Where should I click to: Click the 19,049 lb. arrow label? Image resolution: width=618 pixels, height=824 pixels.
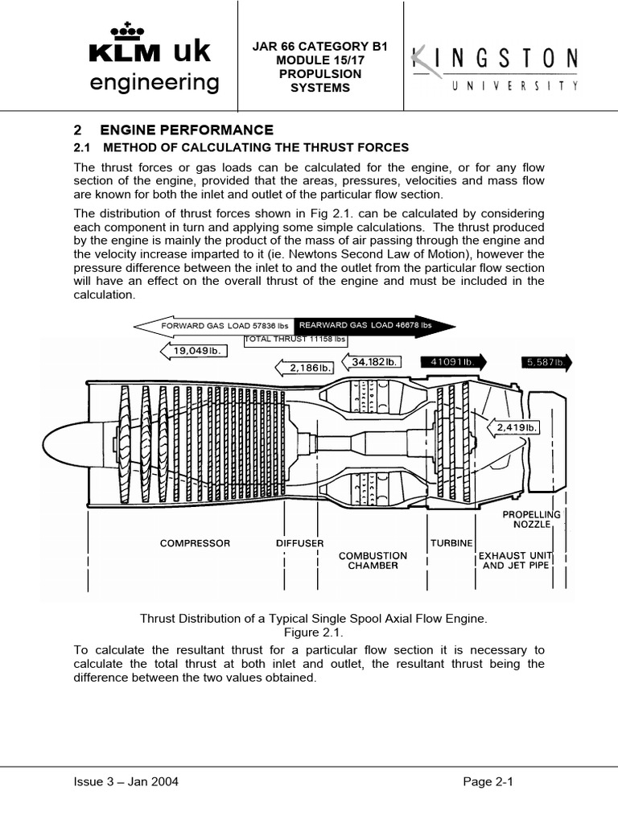(195, 350)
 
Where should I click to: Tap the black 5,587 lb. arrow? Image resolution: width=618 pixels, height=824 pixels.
(546, 362)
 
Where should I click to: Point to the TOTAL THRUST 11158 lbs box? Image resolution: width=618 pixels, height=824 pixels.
(295, 339)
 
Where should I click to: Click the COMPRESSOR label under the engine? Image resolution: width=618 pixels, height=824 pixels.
(195, 543)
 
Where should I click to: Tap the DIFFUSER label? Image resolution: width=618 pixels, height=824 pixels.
(299, 543)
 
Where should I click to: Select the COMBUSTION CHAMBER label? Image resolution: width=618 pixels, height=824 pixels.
(373, 561)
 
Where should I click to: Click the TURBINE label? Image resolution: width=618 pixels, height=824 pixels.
(451, 543)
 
